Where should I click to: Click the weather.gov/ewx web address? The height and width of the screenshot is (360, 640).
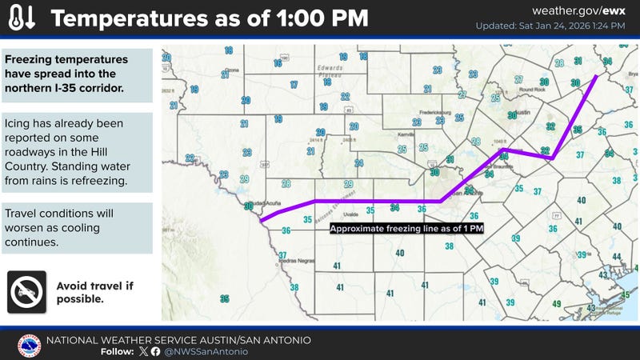click(x=588, y=11)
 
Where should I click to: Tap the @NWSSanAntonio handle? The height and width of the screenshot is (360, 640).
click(x=207, y=351)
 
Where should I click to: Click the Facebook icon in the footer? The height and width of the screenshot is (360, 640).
click(x=154, y=351)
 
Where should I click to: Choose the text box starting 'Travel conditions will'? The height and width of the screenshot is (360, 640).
click(x=77, y=228)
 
